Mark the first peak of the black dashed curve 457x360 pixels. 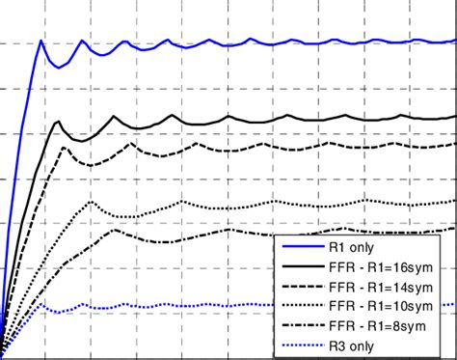pyautogui.click(x=67, y=147)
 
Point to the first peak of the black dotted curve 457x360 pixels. pyautogui.click(x=92, y=202)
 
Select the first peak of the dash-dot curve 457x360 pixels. pyautogui.click(x=115, y=230)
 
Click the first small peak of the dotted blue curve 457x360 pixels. pyautogui.click(x=43, y=304)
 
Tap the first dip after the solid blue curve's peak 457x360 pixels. pyautogui.click(x=59, y=67)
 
